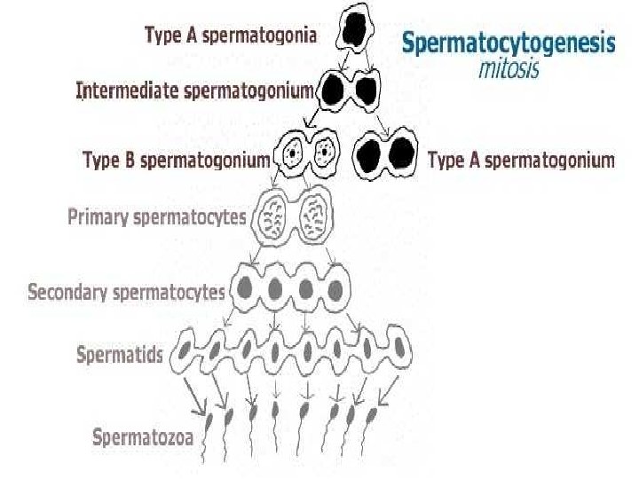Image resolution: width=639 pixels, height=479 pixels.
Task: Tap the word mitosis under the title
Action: coord(508,67)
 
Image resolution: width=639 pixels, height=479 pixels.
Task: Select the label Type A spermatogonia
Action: coord(229,35)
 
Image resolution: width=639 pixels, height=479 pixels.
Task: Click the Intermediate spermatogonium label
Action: coord(195,90)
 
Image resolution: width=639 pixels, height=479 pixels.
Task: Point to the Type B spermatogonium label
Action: coord(176,161)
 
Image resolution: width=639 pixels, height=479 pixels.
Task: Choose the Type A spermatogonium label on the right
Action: coord(521,161)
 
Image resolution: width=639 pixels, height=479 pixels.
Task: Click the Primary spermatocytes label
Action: coord(157,216)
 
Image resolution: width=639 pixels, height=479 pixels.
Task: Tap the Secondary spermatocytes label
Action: coord(127,291)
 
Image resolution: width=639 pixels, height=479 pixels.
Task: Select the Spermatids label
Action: coord(120,356)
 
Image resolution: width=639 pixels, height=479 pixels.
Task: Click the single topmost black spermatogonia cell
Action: coord(357,32)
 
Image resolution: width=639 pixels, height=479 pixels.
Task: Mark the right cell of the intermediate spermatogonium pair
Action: coord(367,90)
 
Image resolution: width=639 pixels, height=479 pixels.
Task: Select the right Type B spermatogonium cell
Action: coord(325,154)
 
